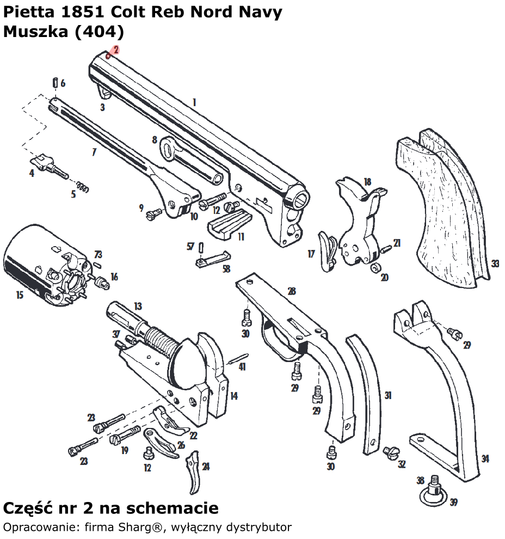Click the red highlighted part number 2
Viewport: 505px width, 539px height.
[116, 50]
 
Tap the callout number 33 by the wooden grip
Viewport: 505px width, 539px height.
[495, 264]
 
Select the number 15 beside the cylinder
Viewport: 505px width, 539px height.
[20, 295]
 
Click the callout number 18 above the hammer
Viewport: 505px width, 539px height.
[367, 182]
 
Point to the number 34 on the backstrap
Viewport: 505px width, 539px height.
[485, 459]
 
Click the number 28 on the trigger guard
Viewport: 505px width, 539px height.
[292, 291]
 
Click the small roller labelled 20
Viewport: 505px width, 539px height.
[374, 268]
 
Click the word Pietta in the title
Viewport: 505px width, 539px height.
[27, 13]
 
